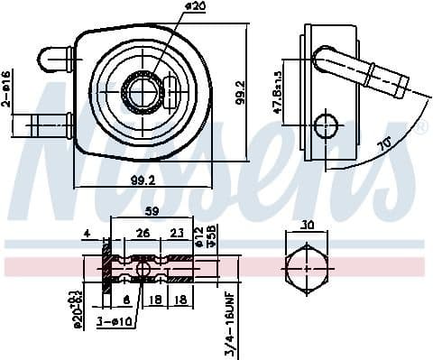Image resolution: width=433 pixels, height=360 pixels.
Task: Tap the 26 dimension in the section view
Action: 142,234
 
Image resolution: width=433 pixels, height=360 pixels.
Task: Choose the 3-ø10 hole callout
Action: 117,321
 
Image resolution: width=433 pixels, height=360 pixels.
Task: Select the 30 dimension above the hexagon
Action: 308,226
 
